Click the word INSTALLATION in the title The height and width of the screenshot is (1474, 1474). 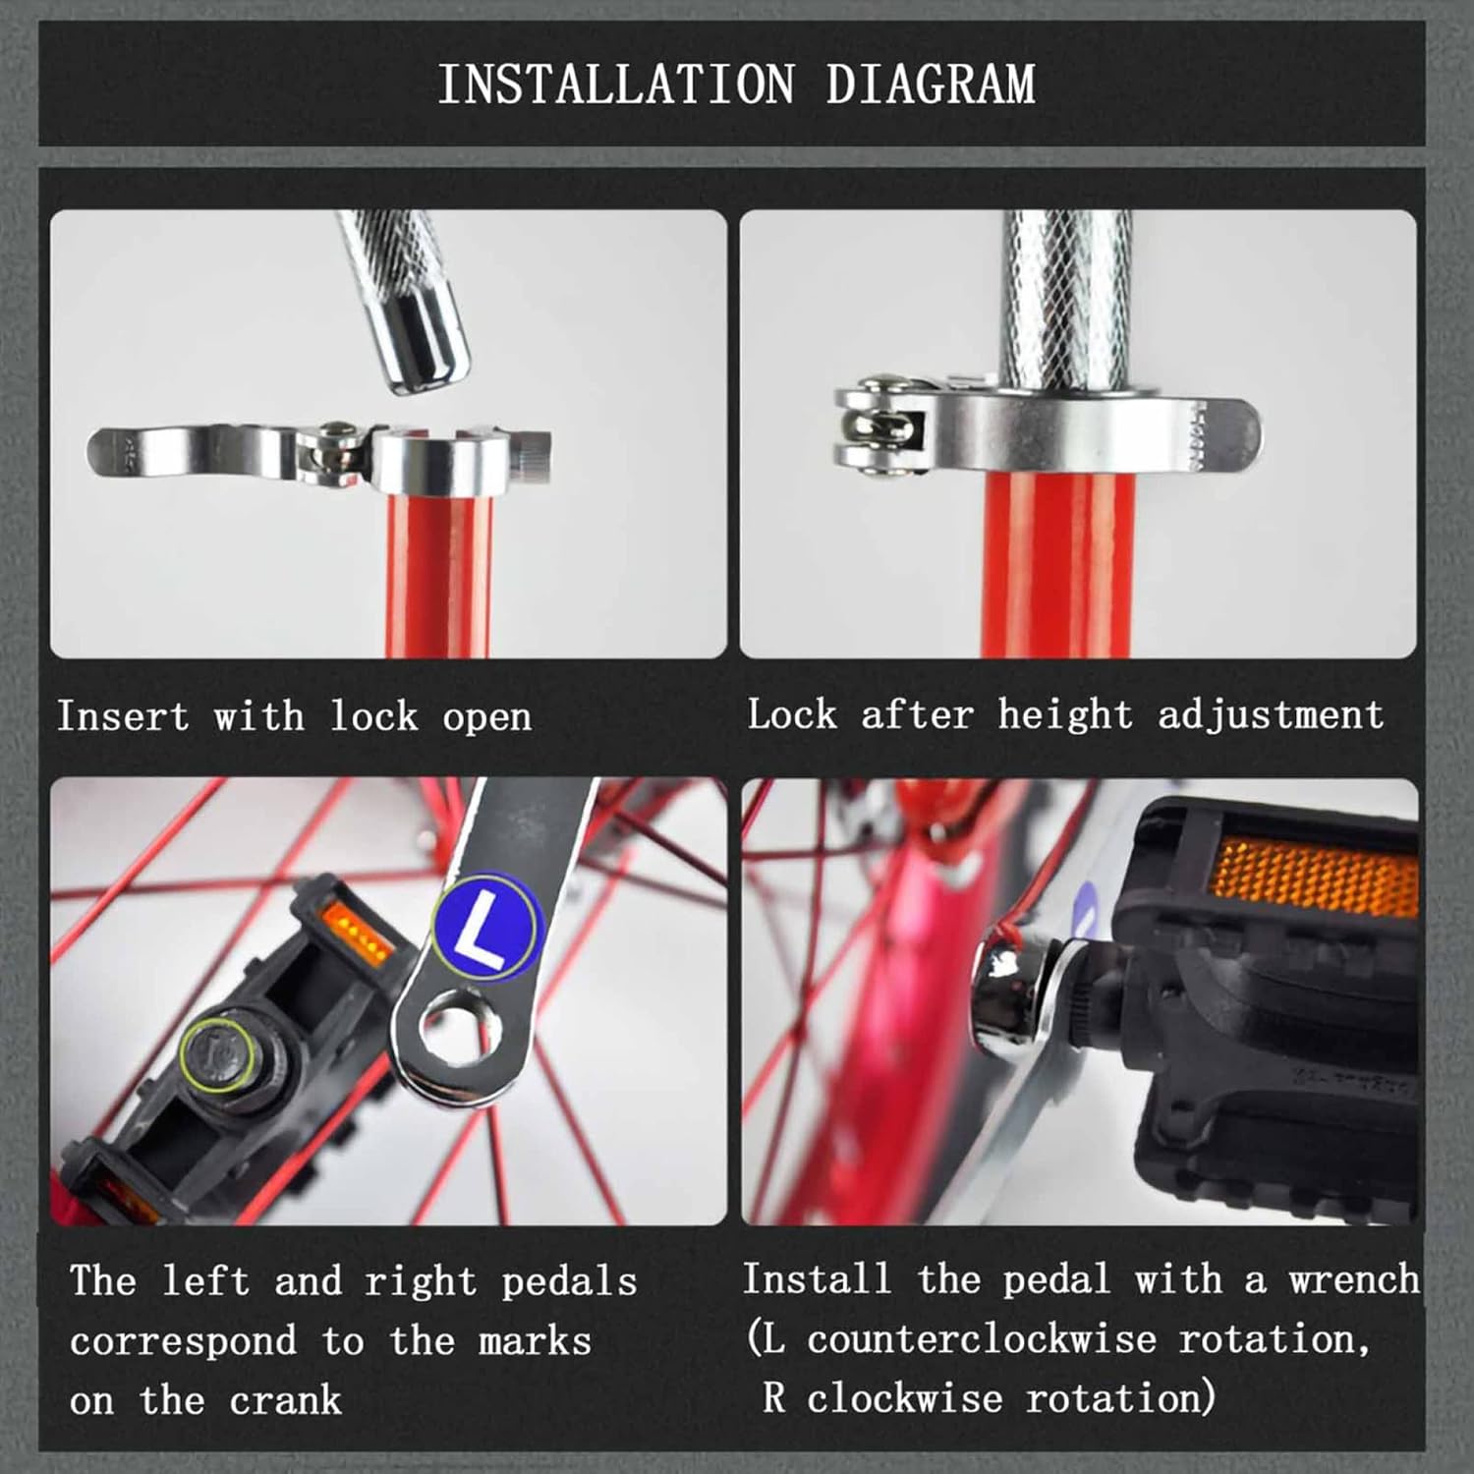(x=616, y=85)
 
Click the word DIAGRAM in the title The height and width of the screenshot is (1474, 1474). (x=931, y=85)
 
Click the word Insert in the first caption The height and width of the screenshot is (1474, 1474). (x=123, y=716)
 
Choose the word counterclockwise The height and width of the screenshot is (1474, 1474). (x=982, y=1339)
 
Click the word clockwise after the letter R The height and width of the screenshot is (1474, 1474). (x=903, y=1397)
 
